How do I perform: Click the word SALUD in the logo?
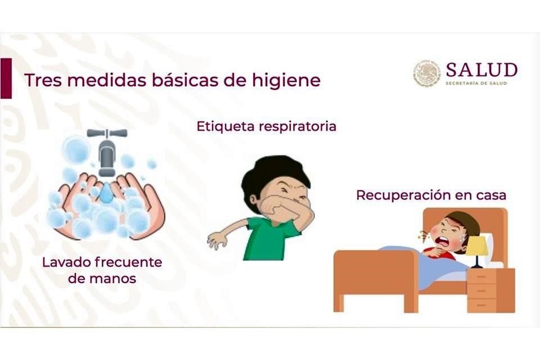tap(481, 70)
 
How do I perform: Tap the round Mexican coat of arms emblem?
tap(427, 73)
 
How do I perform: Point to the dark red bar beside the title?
tap(6, 78)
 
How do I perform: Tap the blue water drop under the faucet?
tap(106, 192)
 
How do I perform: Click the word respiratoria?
tap(297, 127)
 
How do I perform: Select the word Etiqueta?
tap(226, 127)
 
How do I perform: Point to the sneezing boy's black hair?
tap(272, 175)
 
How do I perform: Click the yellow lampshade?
tap(477, 246)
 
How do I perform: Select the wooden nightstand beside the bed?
tap(490, 290)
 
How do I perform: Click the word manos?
tap(102, 278)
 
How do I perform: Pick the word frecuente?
tap(128, 263)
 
